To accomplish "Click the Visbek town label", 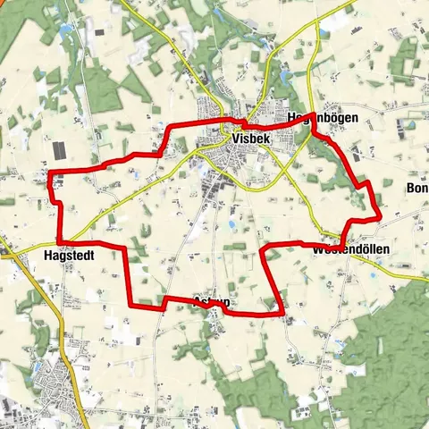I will (249, 139).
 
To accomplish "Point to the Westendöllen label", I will (349, 251).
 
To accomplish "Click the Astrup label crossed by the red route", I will (213, 303).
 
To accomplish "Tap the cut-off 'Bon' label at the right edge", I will (416, 189).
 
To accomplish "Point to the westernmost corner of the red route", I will (48, 172).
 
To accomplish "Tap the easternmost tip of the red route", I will (381, 215).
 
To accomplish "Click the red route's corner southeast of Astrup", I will (283, 314).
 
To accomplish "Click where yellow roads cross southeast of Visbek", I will (284, 170).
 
